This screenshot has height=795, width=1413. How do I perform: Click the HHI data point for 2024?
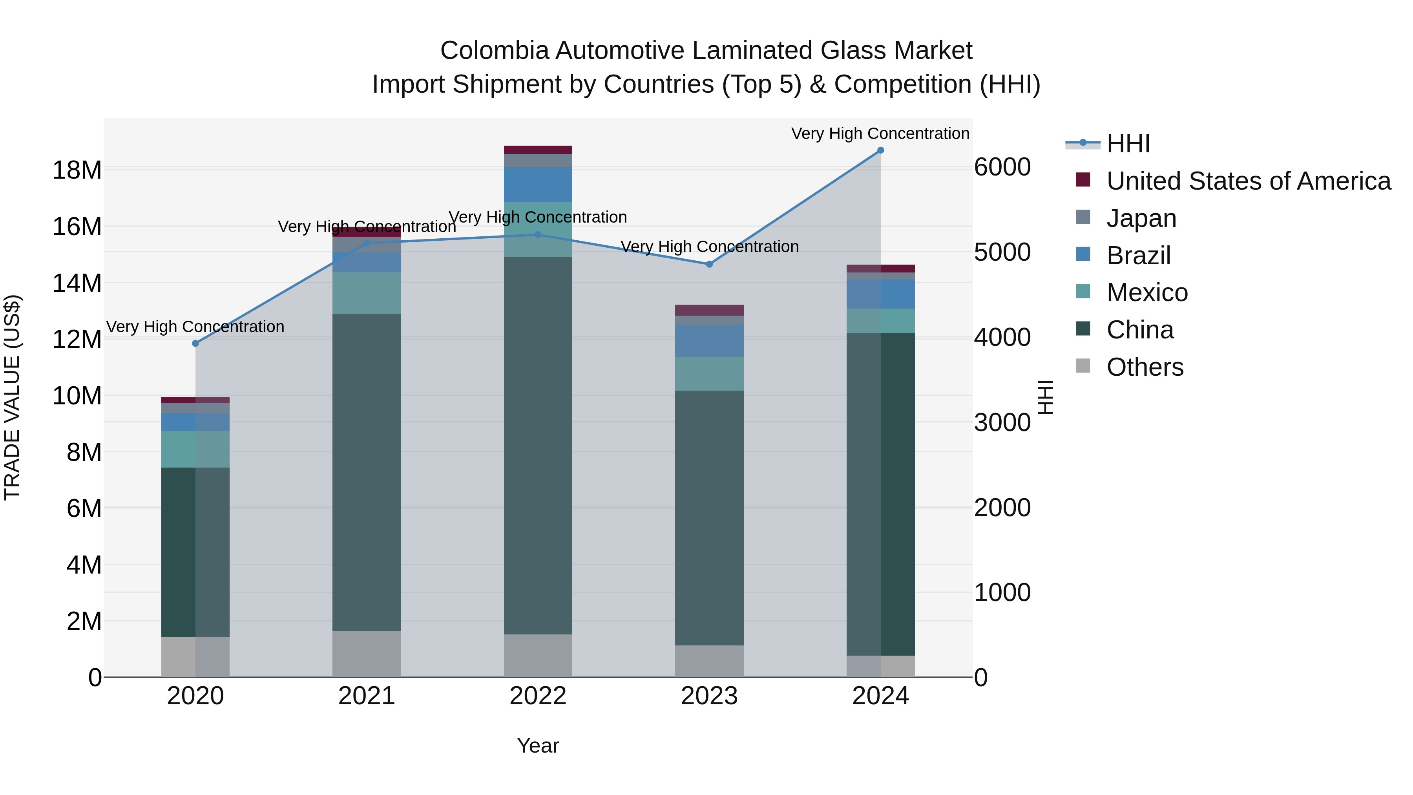(880, 150)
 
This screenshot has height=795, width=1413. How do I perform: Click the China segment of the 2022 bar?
(538, 446)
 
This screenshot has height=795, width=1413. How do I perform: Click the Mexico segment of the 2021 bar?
(367, 292)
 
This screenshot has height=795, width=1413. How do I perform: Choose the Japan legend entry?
(1141, 218)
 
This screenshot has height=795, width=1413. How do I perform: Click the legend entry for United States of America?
(1248, 181)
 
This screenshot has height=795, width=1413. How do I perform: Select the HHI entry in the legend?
(1127, 143)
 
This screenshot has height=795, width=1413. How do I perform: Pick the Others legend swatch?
(1083, 366)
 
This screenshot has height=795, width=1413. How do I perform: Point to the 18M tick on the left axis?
(77, 170)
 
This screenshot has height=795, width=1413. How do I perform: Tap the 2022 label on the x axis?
(538, 696)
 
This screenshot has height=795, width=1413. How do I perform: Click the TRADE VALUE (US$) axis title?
(12, 397)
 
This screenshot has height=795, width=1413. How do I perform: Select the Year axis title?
(538, 746)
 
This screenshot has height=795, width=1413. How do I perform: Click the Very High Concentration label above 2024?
(880, 133)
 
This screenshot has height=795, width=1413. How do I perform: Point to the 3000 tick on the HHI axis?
(1002, 422)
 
